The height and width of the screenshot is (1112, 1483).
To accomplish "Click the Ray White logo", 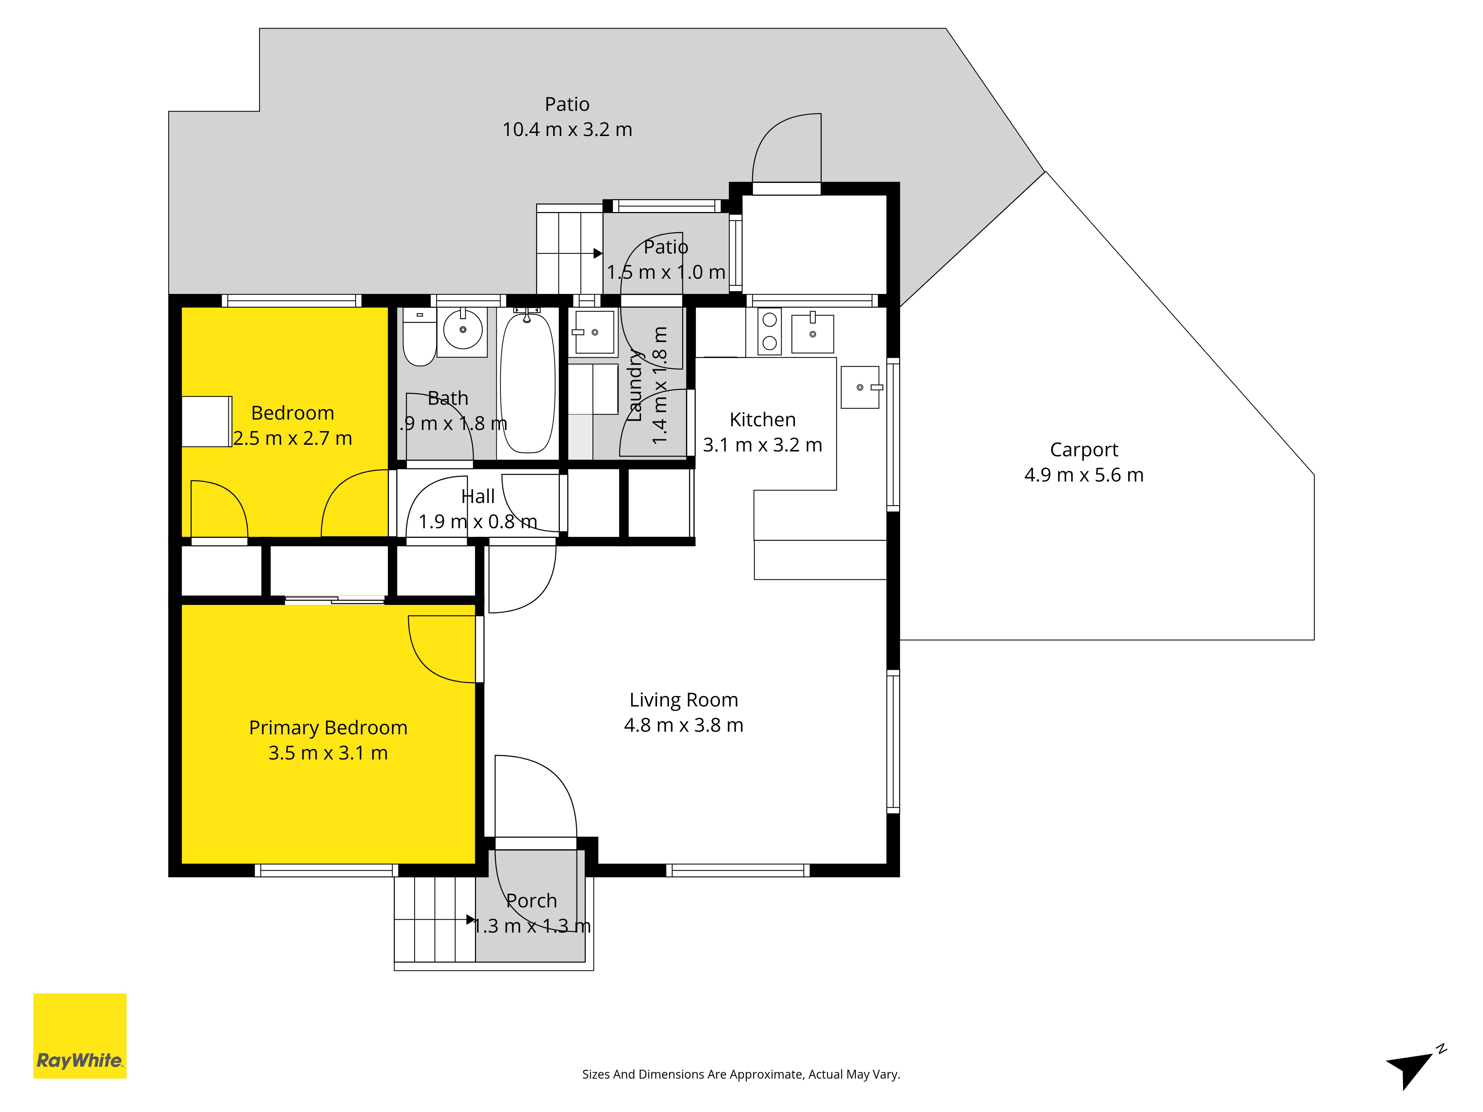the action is click(x=80, y=1036).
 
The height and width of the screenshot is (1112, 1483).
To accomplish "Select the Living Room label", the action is click(x=683, y=700).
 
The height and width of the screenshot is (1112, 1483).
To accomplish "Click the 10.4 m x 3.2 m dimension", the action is click(x=567, y=129).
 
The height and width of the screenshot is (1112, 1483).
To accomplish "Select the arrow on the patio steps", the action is click(x=598, y=254).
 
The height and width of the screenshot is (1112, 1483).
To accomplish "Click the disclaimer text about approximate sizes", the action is click(x=741, y=1075).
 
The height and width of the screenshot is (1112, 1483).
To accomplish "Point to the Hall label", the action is click(x=478, y=497).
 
